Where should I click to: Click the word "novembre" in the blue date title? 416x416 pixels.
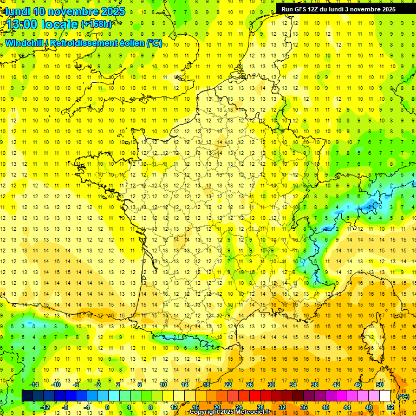tap(70, 11)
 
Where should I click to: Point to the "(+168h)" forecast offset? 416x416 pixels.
tap(96, 24)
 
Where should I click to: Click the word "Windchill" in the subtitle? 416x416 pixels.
tap(24, 43)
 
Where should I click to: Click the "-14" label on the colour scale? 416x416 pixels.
tap(34, 385)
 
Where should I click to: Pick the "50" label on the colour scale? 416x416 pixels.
tap(379, 385)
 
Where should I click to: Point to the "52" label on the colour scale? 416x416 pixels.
tap(390, 407)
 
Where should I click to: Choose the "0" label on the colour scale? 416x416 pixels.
tap(107, 407)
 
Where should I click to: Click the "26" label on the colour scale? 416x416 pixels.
tap(249, 385)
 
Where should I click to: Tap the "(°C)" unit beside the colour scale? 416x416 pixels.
tap(403, 396)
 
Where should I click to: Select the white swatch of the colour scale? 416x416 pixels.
tap(385, 395)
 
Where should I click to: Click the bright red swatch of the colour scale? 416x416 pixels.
tap(255, 395)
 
